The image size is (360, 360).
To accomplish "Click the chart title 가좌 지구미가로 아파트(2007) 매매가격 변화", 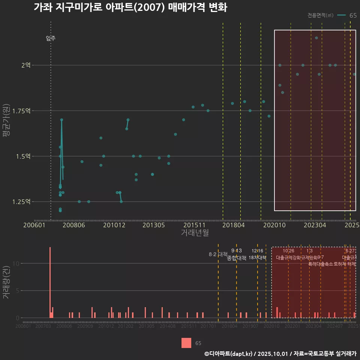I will [x=130, y=7].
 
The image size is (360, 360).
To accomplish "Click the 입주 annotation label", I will [x=51, y=38].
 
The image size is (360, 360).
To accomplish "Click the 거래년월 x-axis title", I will [x=195, y=232].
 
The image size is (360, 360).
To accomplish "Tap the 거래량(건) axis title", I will [x=6, y=283].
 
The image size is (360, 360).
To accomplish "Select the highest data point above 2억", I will [x=316, y=38].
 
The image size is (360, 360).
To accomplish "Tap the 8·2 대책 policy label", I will [x=218, y=254].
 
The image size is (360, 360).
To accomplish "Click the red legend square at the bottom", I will [x=186, y=343].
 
